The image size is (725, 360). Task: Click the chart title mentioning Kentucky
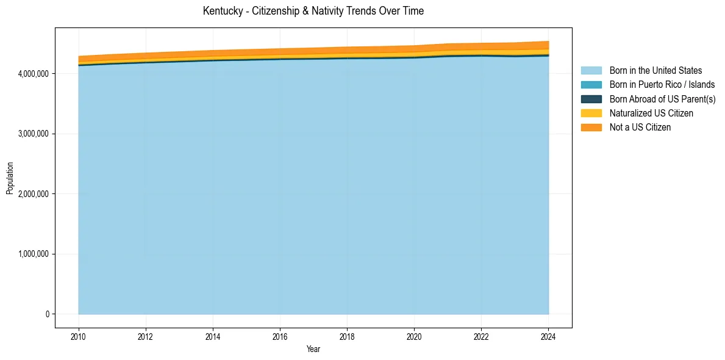click(x=313, y=11)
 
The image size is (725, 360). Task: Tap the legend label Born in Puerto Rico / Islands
click(x=662, y=85)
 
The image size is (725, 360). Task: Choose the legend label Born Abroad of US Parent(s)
click(x=662, y=99)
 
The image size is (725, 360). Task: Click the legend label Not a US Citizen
click(x=640, y=127)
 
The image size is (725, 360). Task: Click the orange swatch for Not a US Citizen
click(x=591, y=127)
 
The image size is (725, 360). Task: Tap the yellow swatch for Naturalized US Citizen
click(x=591, y=113)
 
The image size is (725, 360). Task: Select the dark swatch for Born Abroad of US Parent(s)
click(x=591, y=99)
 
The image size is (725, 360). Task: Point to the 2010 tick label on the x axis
click(x=79, y=336)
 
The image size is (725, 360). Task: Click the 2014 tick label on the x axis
click(x=213, y=336)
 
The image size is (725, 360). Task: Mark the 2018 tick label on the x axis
click(x=347, y=336)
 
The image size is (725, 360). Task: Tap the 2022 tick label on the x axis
click(x=481, y=336)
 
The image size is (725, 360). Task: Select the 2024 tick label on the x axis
click(x=548, y=336)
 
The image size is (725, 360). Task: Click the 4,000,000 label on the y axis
click(x=34, y=74)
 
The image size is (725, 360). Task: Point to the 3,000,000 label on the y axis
click(x=34, y=134)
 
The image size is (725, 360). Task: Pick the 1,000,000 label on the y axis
click(x=34, y=254)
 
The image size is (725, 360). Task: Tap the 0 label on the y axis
click(x=47, y=314)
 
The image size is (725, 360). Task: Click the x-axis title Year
click(x=313, y=350)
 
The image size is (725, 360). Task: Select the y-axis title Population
click(x=10, y=178)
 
